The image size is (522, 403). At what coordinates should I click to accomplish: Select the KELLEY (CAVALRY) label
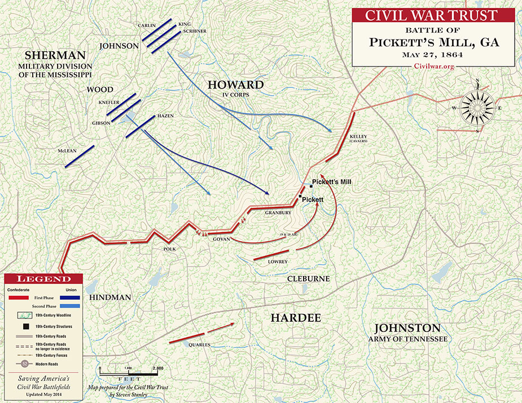[358, 139]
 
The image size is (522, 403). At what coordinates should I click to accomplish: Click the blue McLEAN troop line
[79, 156]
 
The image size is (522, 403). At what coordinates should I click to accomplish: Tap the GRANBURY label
[277, 213]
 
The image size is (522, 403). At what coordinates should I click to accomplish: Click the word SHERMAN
[55, 55]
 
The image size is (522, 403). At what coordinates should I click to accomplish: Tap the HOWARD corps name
[236, 85]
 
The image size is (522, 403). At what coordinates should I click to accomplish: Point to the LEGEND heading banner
[44, 278]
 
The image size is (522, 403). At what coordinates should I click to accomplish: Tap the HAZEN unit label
[165, 116]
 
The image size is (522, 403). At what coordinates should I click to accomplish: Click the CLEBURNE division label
[308, 279]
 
